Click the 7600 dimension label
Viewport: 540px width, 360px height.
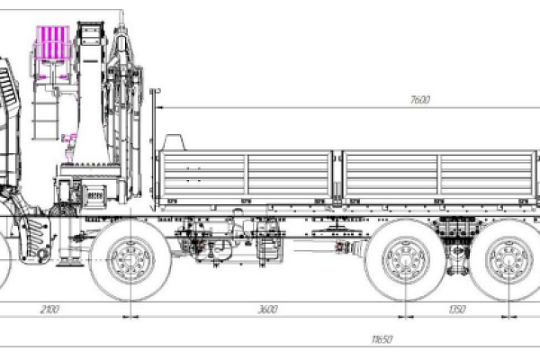pos(418,100)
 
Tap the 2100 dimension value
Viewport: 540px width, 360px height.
pos(49,309)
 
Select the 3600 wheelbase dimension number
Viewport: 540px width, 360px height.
pos(267,309)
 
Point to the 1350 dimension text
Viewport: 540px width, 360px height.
pos(457,309)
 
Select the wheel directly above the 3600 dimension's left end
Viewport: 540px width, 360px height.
pos(131,261)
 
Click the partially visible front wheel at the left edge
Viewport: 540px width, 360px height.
pos(4,261)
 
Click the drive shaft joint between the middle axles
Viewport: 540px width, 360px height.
pos(342,246)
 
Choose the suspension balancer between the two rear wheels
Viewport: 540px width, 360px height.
pos(458,261)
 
